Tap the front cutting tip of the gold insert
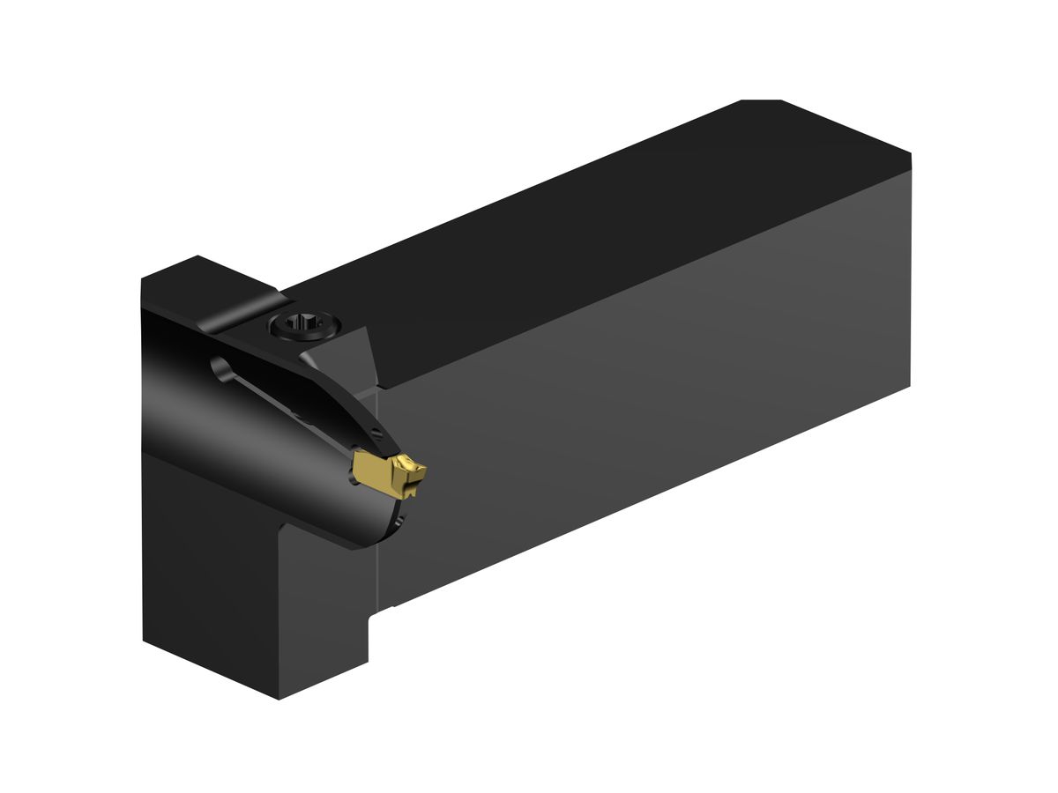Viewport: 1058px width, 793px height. tap(424, 473)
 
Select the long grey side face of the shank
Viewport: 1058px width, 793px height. tap(644, 388)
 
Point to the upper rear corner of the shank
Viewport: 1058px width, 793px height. tap(910, 157)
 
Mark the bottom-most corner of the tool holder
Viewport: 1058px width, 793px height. tap(279, 699)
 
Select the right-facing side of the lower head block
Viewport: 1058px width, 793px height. tap(322, 608)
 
